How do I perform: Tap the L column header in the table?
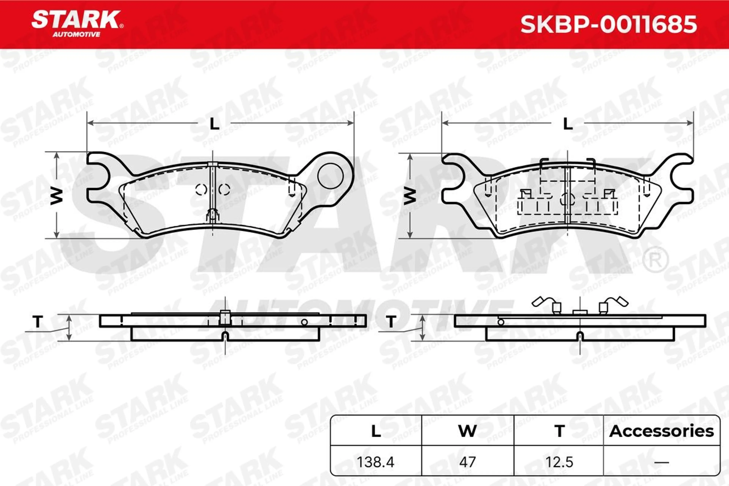tap(376, 432)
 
